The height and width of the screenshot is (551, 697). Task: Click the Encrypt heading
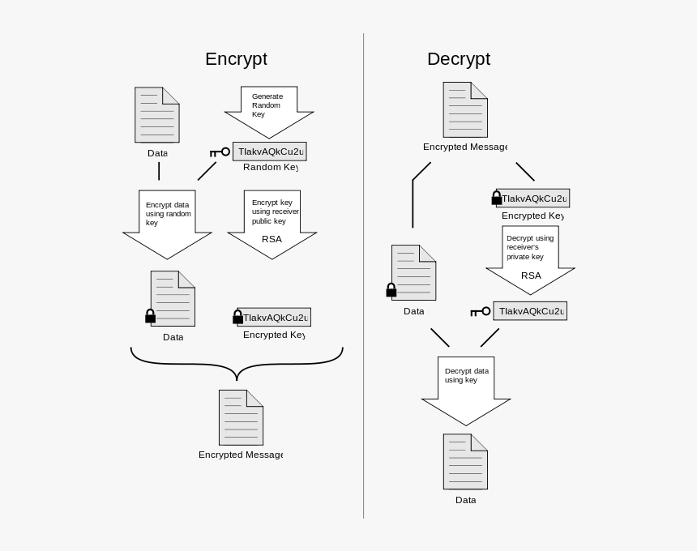pyautogui.click(x=236, y=59)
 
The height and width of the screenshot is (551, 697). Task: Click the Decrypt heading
pyautogui.click(x=458, y=59)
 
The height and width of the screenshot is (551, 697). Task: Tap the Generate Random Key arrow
pyautogui.click(x=269, y=109)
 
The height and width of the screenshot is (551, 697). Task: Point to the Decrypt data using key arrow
pyautogui.click(x=466, y=388)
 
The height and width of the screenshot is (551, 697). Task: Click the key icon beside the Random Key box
pyautogui.click(x=220, y=152)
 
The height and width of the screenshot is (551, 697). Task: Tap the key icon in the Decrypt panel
pyautogui.click(x=481, y=311)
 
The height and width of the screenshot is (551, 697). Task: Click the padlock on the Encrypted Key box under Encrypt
pyautogui.click(x=237, y=317)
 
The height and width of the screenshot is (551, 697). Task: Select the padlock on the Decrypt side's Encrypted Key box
pyautogui.click(x=496, y=198)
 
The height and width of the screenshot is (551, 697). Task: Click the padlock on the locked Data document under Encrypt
pyautogui.click(x=150, y=316)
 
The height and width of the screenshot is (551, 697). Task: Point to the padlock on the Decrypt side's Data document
pyautogui.click(x=391, y=290)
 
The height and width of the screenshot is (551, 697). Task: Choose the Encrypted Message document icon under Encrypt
pyautogui.click(x=241, y=417)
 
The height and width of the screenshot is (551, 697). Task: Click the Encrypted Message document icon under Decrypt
pyautogui.click(x=465, y=109)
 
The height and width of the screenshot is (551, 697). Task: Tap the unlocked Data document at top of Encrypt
pyautogui.click(x=157, y=115)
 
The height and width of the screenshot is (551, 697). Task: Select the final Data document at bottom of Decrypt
pyautogui.click(x=465, y=462)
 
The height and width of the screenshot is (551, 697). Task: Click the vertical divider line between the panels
pyautogui.click(x=363, y=275)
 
